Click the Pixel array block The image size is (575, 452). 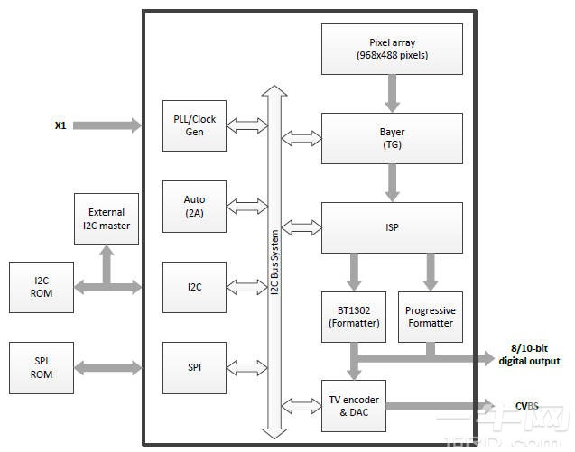coord(392,49)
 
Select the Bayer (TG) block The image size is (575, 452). coord(392,138)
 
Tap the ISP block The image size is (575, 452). coord(392,227)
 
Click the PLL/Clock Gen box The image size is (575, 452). coord(194,125)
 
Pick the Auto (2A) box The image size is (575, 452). coord(194,206)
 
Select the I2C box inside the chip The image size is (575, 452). coord(194,287)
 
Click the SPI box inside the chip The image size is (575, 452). coord(194,367)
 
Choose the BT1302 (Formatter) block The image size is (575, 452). coord(353,317)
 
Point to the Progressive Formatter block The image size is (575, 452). coord(431,317)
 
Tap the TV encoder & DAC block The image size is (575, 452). coord(353,406)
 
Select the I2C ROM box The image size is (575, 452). coord(41,287)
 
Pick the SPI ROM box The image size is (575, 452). coord(41,368)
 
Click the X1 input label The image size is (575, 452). coord(60,125)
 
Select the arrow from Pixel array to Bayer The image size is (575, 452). coord(392,93)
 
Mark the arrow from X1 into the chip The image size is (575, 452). coord(107,125)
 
